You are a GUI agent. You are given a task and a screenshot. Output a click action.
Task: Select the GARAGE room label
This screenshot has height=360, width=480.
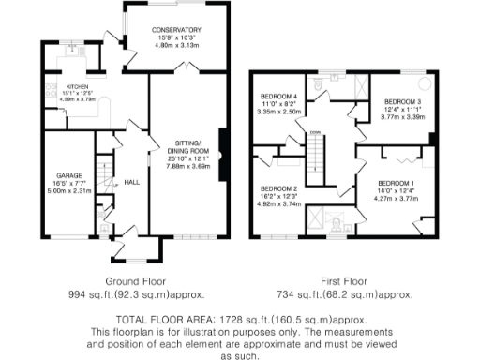(65, 175)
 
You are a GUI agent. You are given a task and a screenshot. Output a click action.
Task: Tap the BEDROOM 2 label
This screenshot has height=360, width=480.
(277, 187)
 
